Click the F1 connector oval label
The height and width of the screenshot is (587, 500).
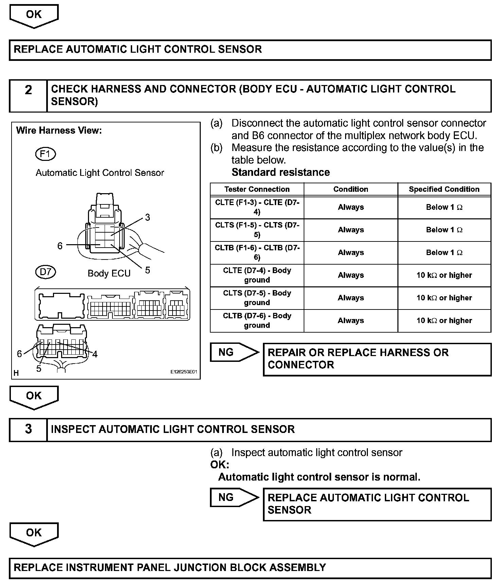[45, 154]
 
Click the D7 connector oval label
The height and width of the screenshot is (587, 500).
[45, 272]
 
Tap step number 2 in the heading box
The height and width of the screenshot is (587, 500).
[28, 90]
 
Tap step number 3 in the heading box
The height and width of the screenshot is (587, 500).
[28, 429]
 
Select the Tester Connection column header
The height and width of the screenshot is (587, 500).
[257, 189]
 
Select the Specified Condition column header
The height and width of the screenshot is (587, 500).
[444, 189]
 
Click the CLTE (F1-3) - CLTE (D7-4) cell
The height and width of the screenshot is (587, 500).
[257, 207]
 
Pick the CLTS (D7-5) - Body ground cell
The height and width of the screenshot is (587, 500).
[257, 298]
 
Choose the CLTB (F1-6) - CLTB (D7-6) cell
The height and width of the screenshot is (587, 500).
[257, 253]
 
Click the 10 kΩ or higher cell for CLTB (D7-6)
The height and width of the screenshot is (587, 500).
[444, 321]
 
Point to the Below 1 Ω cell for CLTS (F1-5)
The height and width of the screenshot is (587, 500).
[444, 230]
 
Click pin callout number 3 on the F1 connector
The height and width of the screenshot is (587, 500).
[147, 217]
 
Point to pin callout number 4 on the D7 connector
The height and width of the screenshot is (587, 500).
[95, 354]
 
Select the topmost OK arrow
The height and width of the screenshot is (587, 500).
[34, 15]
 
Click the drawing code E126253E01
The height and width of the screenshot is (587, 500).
[183, 372]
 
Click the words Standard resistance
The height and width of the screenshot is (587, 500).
[281, 172]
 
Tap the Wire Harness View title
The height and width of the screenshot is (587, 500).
[59, 131]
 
